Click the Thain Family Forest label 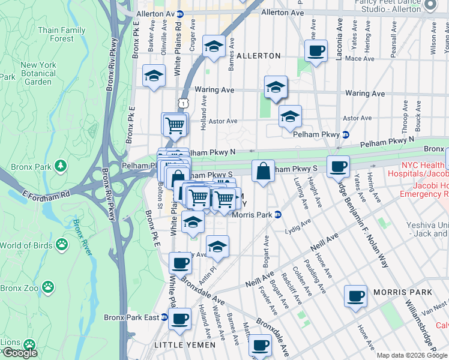(61, 34)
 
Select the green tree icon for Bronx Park (60, 165)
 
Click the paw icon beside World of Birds (62, 244)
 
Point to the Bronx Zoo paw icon (48, 288)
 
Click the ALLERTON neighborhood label (259, 56)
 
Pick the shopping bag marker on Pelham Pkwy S (263, 171)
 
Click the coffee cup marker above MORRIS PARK (356, 295)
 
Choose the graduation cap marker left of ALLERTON (213, 46)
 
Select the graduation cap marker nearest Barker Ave (154, 76)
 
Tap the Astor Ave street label (223, 121)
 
